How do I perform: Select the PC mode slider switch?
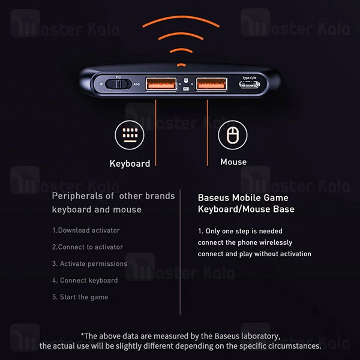pyautogui.click(x=118, y=84)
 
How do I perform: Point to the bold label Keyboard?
pyautogui.click(x=130, y=163)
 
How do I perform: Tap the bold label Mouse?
pyautogui.click(x=233, y=162)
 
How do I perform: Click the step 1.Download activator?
pyautogui.click(x=86, y=230)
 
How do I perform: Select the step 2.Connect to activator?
pyautogui.click(x=88, y=247)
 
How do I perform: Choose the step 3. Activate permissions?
pyautogui.click(x=89, y=263)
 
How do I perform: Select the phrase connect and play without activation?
pyautogui.click(x=254, y=254)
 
